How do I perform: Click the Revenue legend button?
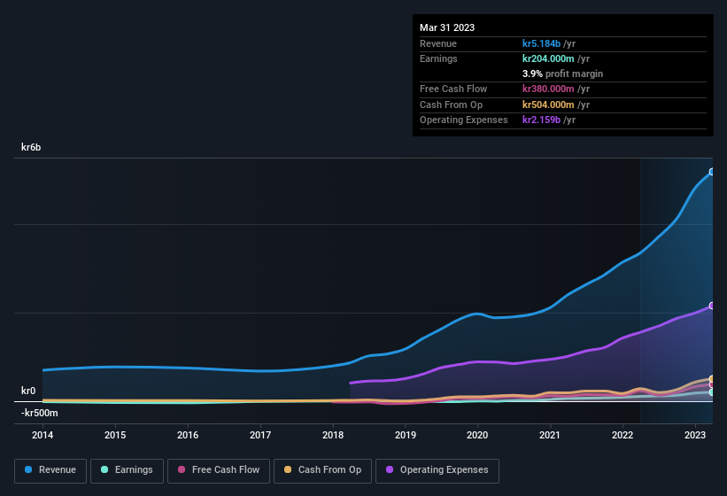click(50, 469)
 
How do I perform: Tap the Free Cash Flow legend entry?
click(219, 469)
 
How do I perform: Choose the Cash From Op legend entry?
click(322, 469)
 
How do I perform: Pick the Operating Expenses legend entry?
click(437, 469)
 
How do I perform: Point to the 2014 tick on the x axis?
click(43, 435)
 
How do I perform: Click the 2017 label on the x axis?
click(260, 435)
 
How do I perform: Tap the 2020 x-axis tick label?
click(477, 435)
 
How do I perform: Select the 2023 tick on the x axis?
click(695, 435)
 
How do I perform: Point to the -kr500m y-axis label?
click(40, 413)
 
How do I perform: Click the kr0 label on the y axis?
click(28, 391)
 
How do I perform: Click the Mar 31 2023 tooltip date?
click(447, 27)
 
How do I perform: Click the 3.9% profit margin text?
click(562, 74)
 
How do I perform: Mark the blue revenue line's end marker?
click(712, 172)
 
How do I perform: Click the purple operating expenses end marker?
click(712, 306)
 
